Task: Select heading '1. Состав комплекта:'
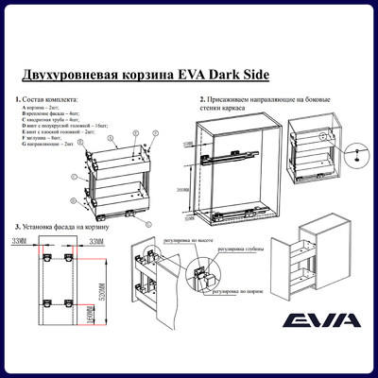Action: [47, 99]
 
